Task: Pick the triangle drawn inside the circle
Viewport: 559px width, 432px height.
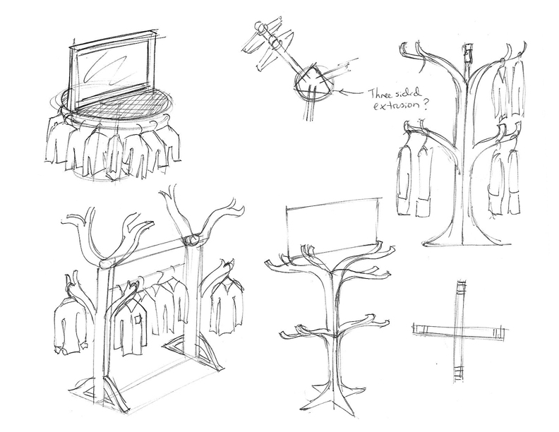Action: click(313, 80)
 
